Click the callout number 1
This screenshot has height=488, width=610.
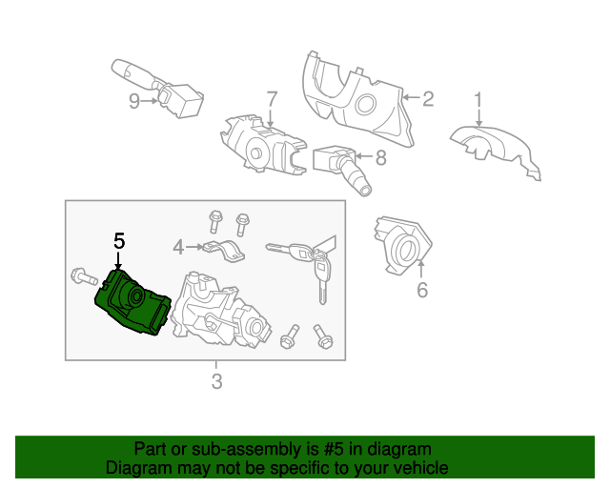(x=478, y=99)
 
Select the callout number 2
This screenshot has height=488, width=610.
(x=428, y=98)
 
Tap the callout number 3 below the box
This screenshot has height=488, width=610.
(x=216, y=382)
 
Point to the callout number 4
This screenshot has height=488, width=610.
(x=178, y=248)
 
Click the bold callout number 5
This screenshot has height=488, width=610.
(x=118, y=241)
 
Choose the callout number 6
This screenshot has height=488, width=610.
(x=422, y=290)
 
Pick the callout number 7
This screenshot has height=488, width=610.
(x=271, y=99)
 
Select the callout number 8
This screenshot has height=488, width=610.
(x=380, y=159)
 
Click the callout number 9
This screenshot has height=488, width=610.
(x=134, y=101)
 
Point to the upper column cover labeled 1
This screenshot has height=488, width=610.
(x=496, y=149)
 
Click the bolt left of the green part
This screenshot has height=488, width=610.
(x=84, y=279)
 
